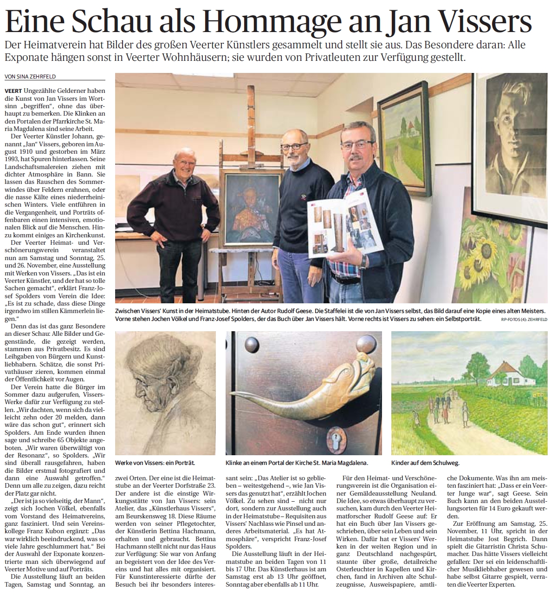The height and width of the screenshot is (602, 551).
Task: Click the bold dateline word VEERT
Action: pos(12,91)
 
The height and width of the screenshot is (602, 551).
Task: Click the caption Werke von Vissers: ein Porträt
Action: pos(155,463)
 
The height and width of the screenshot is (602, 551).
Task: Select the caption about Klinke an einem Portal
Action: pos(296,463)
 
